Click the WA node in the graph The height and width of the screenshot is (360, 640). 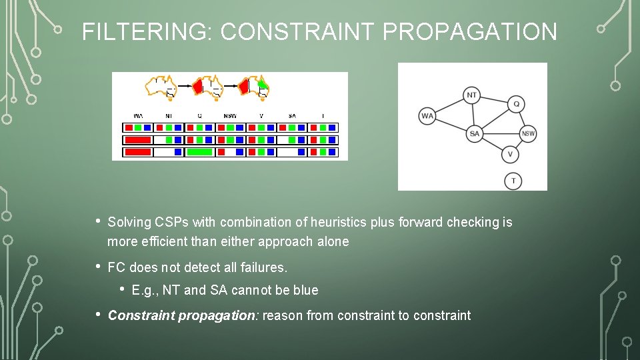427,116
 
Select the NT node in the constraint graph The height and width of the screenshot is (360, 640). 472,95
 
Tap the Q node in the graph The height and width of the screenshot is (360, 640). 517,104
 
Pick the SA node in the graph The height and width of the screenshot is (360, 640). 474,134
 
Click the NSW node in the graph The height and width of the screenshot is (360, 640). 528,134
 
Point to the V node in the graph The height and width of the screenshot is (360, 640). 510,155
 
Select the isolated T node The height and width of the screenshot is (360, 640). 513,181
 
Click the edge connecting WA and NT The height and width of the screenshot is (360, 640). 449,106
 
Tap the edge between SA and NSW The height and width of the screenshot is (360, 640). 501,134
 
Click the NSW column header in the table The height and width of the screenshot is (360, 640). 230,116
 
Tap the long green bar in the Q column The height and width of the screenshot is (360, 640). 199,152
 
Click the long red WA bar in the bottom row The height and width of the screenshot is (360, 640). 137,152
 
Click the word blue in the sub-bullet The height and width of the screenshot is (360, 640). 305,291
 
